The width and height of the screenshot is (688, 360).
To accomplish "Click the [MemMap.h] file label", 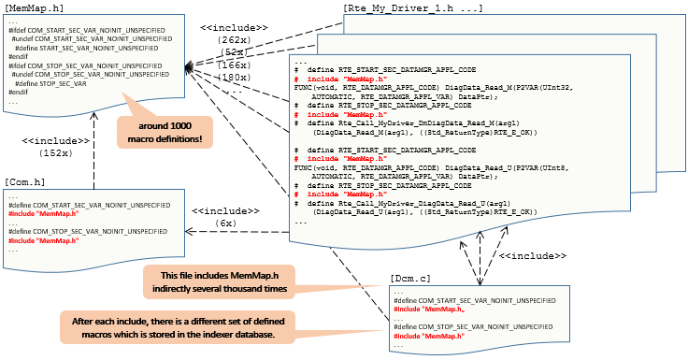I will pos(35,8).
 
